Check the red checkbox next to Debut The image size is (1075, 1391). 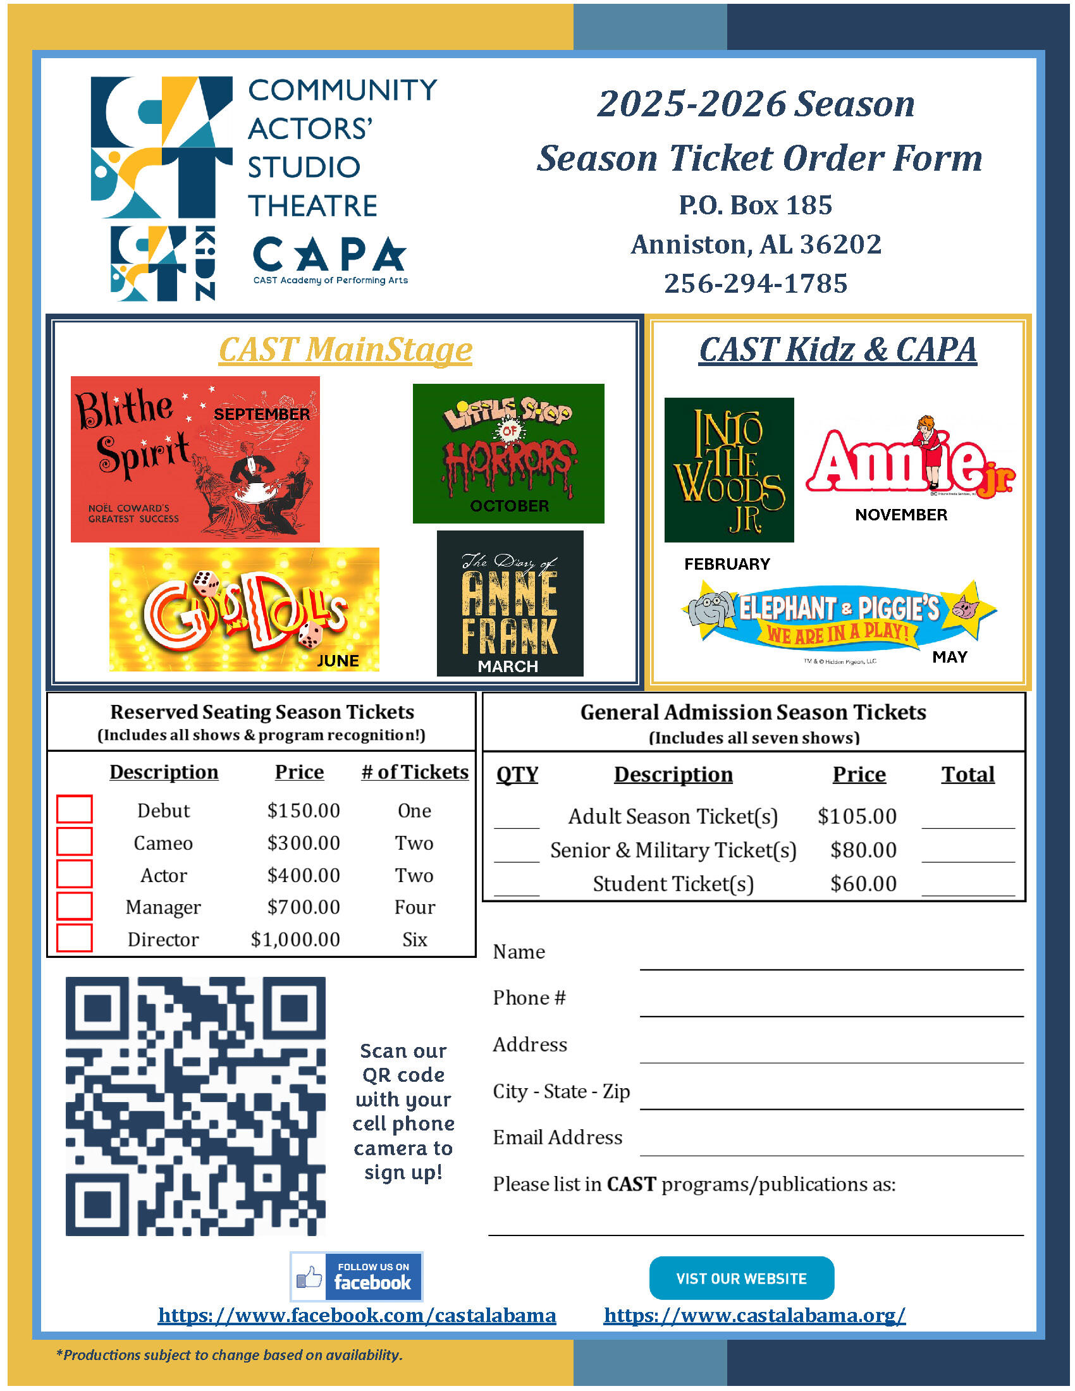(74, 809)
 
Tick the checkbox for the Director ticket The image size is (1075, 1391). (74, 938)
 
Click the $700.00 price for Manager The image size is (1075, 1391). (303, 906)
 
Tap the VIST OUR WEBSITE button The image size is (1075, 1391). (740, 1278)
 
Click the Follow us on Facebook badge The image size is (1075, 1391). (356, 1276)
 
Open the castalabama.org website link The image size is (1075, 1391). (754, 1314)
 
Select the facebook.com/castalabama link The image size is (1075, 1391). (357, 1314)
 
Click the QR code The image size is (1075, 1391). (195, 1106)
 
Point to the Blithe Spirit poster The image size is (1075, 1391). (195, 458)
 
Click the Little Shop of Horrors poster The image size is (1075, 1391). (508, 453)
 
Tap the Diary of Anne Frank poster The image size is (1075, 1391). (510, 603)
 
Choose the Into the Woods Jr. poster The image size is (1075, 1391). (728, 469)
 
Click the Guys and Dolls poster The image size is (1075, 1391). (244, 609)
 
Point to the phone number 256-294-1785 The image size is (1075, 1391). (755, 283)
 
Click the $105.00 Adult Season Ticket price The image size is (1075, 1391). (857, 816)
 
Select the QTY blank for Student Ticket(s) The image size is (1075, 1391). (517, 888)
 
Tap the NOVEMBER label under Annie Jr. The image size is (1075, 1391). (900, 515)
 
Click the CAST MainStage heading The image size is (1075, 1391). (345, 350)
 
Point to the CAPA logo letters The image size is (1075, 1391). (329, 255)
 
